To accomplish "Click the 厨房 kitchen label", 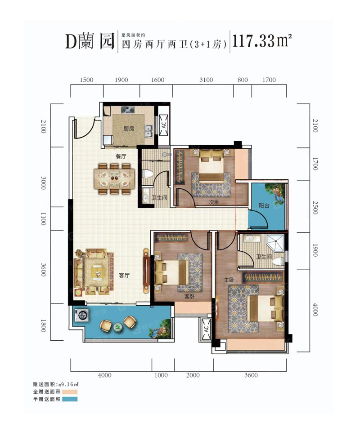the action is [x=129, y=129].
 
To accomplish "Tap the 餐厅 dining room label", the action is [x=121, y=156].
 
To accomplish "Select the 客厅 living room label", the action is [x=124, y=275].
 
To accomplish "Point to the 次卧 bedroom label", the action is [x=214, y=202].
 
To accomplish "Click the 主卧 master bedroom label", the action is [x=229, y=280].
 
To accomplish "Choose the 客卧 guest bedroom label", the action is [x=189, y=296].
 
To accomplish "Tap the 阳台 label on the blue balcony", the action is [x=264, y=205].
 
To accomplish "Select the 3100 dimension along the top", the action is [x=206, y=80].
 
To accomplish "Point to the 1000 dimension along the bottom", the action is [x=161, y=375].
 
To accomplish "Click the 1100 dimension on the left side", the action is [x=43, y=219].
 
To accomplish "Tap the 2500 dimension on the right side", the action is [x=315, y=208].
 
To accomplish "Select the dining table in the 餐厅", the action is [x=114, y=178].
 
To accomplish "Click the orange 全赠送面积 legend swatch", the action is [x=70, y=392].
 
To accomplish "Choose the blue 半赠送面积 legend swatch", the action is [x=70, y=399].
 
